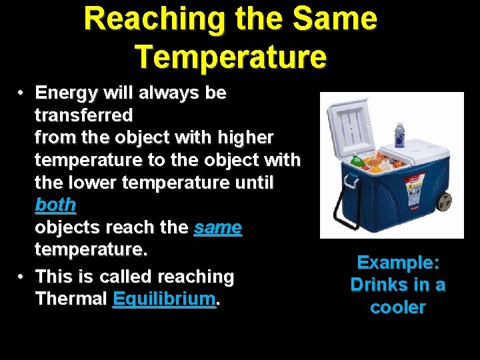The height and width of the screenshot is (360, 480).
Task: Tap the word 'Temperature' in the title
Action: [231, 57]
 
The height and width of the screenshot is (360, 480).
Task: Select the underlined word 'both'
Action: [55, 205]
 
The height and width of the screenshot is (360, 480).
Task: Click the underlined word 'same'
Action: [217, 227]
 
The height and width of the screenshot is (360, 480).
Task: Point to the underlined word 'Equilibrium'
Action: [165, 299]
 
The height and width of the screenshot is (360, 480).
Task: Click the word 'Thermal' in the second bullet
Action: [71, 299]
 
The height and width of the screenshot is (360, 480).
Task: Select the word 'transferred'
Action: [83, 115]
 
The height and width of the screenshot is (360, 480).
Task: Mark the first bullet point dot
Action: [21, 93]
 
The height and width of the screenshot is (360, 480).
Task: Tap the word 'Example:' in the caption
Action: [398, 263]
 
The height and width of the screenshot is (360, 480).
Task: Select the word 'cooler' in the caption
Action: [398, 307]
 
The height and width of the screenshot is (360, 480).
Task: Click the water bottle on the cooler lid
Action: [399, 135]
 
